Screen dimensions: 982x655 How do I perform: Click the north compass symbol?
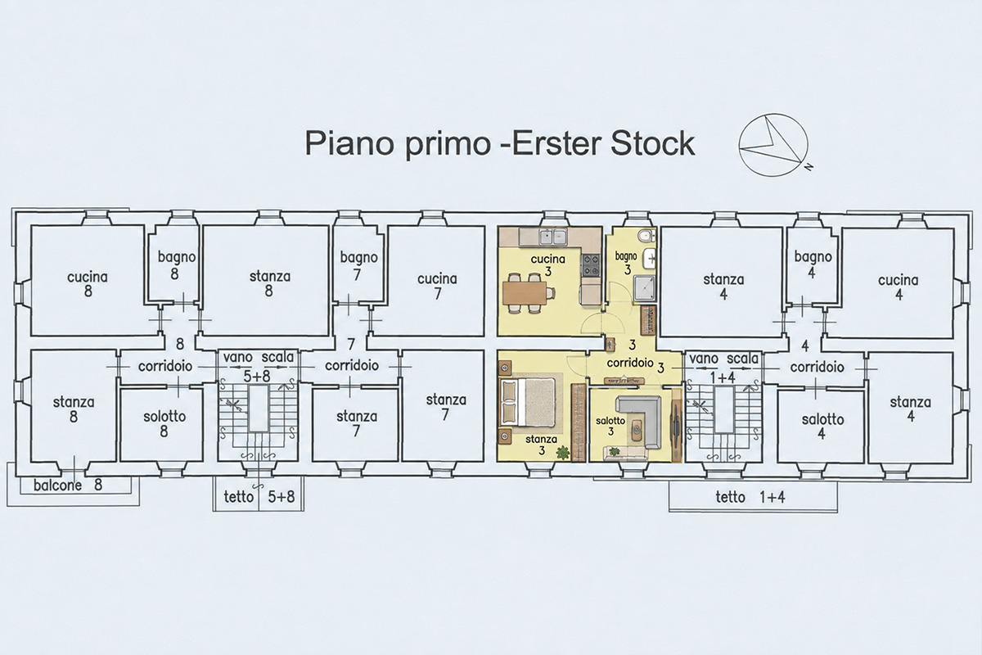(x=773, y=144)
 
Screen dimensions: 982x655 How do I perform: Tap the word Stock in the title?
(x=652, y=142)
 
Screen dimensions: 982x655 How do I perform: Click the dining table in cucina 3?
(x=525, y=292)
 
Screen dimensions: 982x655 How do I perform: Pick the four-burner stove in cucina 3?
(x=591, y=264)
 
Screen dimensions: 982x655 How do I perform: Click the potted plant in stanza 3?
(x=561, y=452)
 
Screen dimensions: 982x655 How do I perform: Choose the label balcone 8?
(x=67, y=486)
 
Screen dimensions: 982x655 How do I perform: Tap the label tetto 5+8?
(x=259, y=497)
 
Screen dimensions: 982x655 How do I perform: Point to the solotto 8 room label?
(x=164, y=424)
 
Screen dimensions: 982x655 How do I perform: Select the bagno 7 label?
(x=358, y=266)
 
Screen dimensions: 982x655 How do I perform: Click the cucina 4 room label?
(x=898, y=287)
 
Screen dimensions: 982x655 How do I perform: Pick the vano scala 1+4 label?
(x=723, y=368)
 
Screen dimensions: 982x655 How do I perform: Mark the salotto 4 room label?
(x=822, y=427)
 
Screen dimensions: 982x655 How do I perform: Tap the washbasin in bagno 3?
(x=649, y=259)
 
